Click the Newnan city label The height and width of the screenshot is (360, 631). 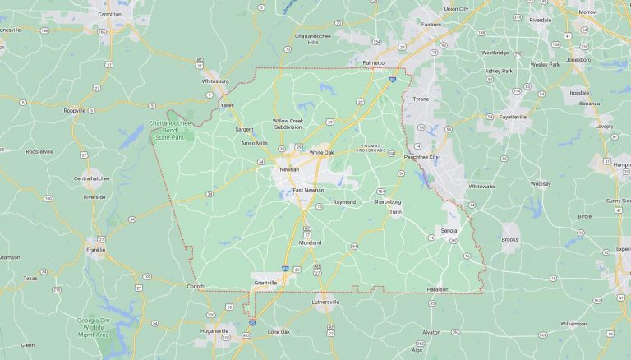[x=289, y=168]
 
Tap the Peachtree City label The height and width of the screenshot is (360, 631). [x=422, y=156]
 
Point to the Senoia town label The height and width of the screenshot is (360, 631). [x=449, y=230]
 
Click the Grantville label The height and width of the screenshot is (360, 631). [x=265, y=283]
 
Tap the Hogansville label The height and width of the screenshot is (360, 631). [x=214, y=330]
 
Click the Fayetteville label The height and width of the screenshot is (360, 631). [x=513, y=117]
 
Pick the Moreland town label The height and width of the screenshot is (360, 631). [x=310, y=243]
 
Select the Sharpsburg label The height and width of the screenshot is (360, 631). [x=387, y=201]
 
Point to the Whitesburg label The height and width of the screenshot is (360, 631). [x=215, y=81]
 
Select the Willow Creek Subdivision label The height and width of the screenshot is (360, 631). [x=293, y=124]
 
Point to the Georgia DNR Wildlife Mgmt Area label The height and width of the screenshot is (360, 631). [x=93, y=326]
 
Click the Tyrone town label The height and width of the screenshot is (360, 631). [x=421, y=99]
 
